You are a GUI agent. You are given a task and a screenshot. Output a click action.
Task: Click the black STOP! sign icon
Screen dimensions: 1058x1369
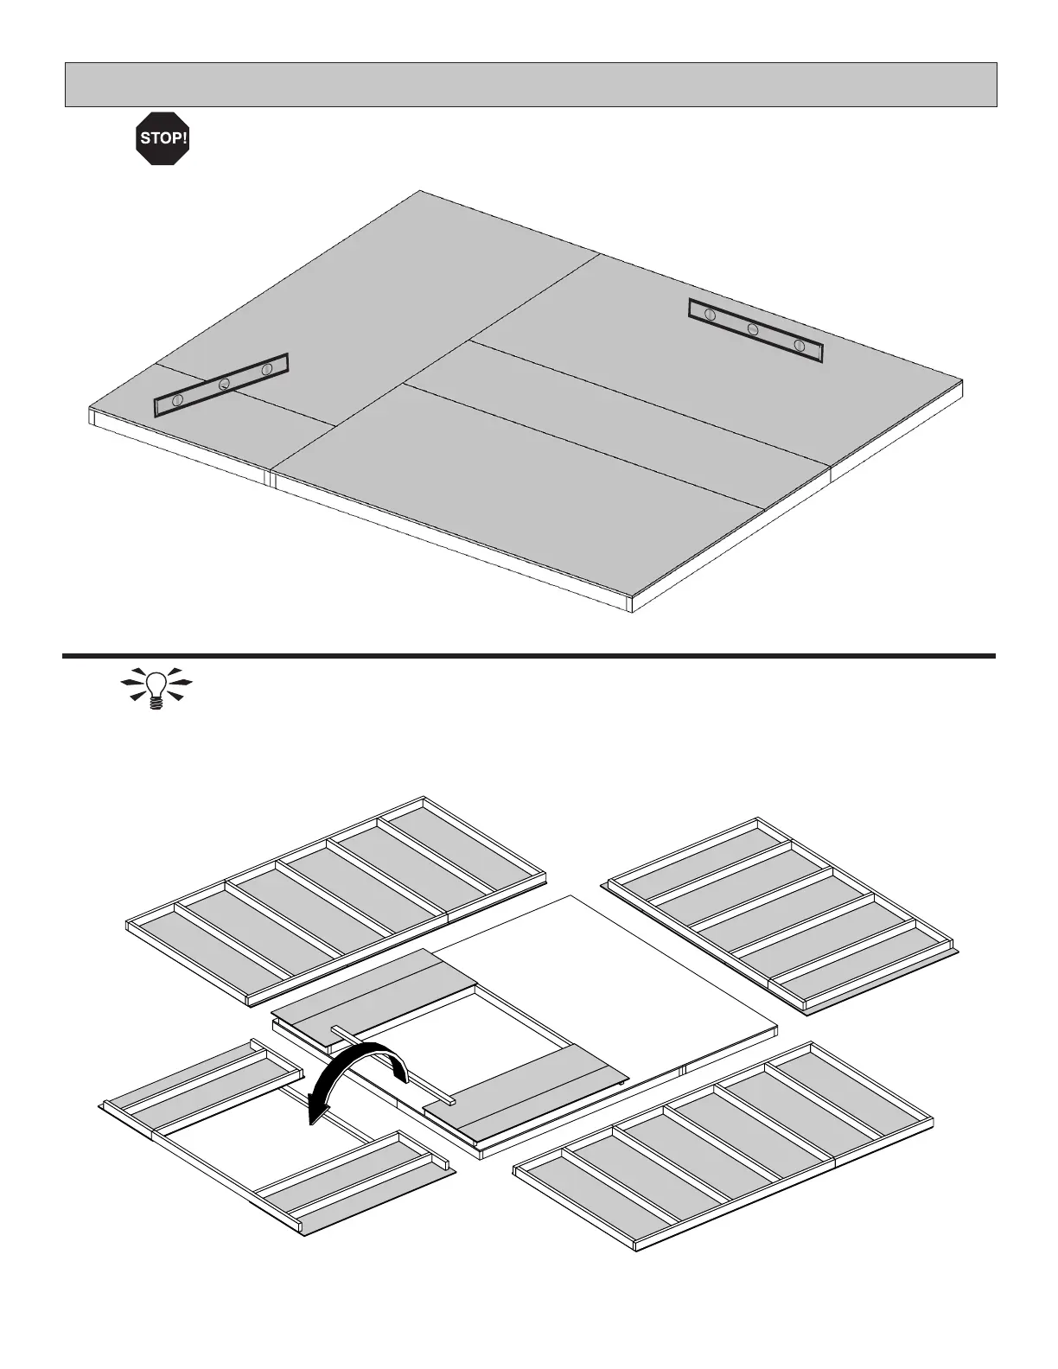pos(163,137)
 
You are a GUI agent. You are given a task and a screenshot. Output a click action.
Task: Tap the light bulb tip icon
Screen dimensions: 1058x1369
pos(156,688)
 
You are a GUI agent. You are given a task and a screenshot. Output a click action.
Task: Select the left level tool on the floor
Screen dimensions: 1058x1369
pos(220,385)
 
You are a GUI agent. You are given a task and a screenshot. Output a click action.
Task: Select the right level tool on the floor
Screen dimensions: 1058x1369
pos(755,330)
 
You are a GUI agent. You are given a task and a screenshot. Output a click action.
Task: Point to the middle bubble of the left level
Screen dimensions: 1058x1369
pos(224,384)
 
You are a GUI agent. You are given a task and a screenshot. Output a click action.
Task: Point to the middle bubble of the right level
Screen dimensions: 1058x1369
pos(753,329)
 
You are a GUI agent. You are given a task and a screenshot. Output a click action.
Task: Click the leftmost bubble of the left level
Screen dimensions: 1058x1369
pos(177,399)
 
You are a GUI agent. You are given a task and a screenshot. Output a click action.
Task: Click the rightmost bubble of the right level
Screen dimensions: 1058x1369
pos(800,347)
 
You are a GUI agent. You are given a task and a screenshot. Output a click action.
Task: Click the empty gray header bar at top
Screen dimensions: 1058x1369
pos(531,84)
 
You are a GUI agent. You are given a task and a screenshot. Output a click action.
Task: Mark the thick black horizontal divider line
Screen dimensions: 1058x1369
pos(529,656)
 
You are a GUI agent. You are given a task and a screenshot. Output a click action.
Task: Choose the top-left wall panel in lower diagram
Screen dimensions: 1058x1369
pos(337,899)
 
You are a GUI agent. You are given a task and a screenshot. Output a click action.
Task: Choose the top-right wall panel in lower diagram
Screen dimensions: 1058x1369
pos(782,916)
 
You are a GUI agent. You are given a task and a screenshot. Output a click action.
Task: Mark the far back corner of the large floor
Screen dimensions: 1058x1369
pos(420,191)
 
